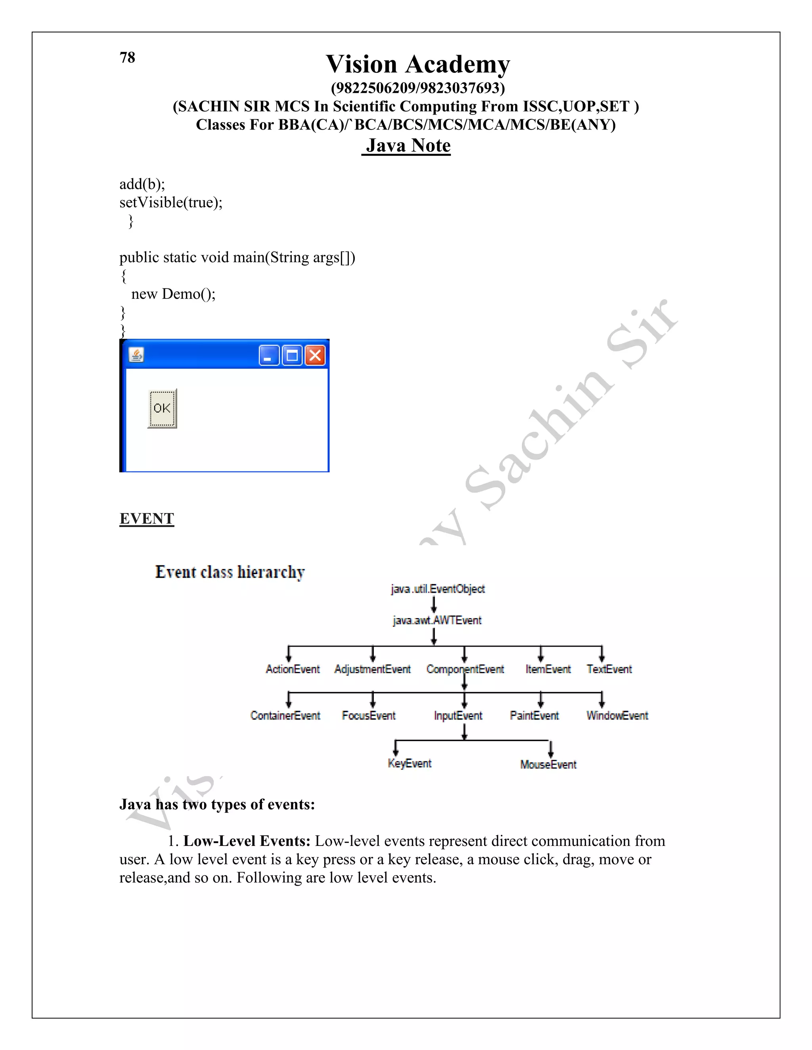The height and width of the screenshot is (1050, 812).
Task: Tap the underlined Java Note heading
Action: pyautogui.click(x=408, y=145)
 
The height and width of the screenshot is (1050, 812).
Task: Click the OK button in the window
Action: pyautogui.click(x=162, y=408)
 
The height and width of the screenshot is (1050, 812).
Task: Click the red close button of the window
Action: pyautogui.click(x=315, y=356)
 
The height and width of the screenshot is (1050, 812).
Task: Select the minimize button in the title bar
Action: pyautogui.click(x=268, y=356)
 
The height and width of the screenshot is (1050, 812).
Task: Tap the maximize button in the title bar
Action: pyautogui.click(x=291, y=356)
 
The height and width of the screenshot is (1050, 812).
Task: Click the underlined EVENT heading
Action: pyautogui.click(x=147, y=518)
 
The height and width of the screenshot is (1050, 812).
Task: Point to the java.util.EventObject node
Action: pyautogui.click(x=438, y=589)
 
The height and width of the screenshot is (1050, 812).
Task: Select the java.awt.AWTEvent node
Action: pyautogui.click(x=437, y=620)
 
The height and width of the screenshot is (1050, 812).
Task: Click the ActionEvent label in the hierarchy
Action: pyautogui.click(x=293, y=669)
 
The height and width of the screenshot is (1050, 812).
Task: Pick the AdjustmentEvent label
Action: pyautogui.click(x=372, y=669)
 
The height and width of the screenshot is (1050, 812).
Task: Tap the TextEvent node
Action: pyautogui.click(x=609, y=669)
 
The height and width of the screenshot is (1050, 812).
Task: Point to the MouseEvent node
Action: pyautogui.click(x=548, y=764)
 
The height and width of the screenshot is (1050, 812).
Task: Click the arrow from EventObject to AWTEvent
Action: pyautogui.click(x=434, y=604)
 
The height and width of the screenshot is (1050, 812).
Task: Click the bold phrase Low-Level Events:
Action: pyautogui.click(x=247, y=841)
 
